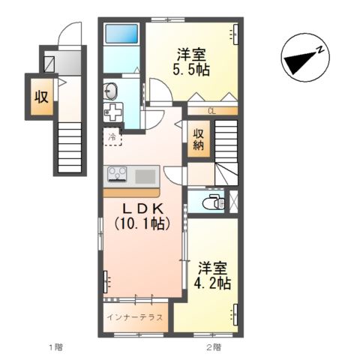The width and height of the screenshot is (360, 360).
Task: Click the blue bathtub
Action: pos(121,34)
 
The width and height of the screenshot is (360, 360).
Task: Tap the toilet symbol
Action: pos(214,202)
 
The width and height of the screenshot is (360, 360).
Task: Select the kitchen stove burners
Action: pos(117,173)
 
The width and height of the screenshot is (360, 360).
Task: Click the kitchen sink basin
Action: pos(145,176)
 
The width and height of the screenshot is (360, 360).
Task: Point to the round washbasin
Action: pos(110,91)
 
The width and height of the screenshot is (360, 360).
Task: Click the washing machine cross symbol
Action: pos(113,112)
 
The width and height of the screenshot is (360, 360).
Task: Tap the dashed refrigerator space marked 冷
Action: pos(112,136)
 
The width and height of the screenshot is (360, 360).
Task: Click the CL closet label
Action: pos(211,112)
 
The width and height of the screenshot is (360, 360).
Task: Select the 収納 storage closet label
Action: pos(198,140)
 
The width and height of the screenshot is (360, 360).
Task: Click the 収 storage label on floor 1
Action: pos(41,97)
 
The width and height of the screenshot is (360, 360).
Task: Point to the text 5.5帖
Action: pos(191,70)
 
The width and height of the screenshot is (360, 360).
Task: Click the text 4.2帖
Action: pos(212,283)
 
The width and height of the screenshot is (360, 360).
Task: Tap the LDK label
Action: pos(142,208)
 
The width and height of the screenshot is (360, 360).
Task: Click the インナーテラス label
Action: pos(135,317)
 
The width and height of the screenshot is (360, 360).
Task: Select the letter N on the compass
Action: pos(319,50)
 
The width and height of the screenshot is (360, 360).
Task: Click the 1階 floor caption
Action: pos(55,347)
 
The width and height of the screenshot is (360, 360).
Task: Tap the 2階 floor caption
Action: pos(214,347)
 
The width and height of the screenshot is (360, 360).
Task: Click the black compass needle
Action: pos(300,62)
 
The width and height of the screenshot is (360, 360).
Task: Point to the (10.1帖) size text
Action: pos(142,223)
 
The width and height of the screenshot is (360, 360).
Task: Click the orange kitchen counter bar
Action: pos(131,193)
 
